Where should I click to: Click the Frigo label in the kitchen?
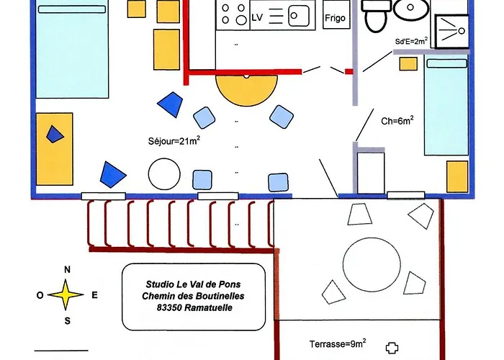pos(335,18)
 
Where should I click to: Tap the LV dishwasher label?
pos(257,18)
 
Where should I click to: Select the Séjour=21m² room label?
pos(174,140)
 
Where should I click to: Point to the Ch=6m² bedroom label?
pos(397,120)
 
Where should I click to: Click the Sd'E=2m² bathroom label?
pos(411,41)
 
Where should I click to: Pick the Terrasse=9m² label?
pos(338,343)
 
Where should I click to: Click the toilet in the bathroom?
pos(376,14)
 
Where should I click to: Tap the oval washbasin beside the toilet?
pos(411,9)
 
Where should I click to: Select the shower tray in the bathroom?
pos(451,31)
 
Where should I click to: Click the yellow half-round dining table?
pos(246,89)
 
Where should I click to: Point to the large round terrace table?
pos(372,264)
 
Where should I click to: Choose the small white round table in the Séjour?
pos(164,174)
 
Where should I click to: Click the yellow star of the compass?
pos(66,294)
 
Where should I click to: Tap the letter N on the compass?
pos(67,270)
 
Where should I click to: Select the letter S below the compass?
pos(67,321)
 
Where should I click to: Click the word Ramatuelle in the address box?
pos(209,307)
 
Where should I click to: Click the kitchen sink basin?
pos(299,15)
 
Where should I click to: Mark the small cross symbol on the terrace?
pos(392,348)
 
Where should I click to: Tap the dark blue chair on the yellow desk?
pos(55,135)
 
